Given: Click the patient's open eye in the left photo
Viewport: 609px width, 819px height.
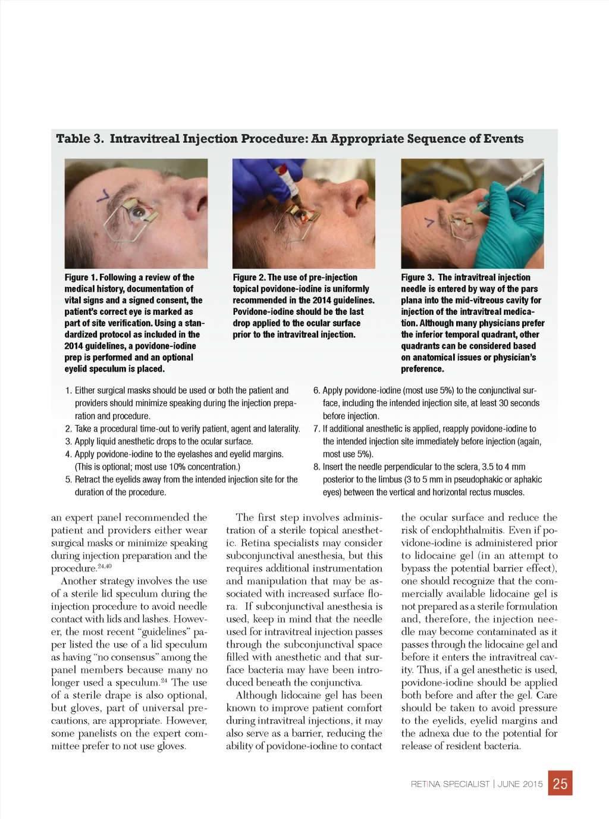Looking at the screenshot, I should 139,212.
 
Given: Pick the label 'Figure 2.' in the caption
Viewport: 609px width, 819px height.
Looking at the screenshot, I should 249,277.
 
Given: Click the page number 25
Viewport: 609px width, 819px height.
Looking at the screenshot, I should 560,784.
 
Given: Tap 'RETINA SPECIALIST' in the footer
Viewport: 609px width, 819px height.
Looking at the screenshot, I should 450,784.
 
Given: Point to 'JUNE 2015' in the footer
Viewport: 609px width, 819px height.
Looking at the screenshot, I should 520,784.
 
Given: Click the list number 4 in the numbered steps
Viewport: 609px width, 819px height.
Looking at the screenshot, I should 68,454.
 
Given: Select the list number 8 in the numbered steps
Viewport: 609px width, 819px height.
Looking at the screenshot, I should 316,467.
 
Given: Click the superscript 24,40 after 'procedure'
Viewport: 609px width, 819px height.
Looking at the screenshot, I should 105,566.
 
